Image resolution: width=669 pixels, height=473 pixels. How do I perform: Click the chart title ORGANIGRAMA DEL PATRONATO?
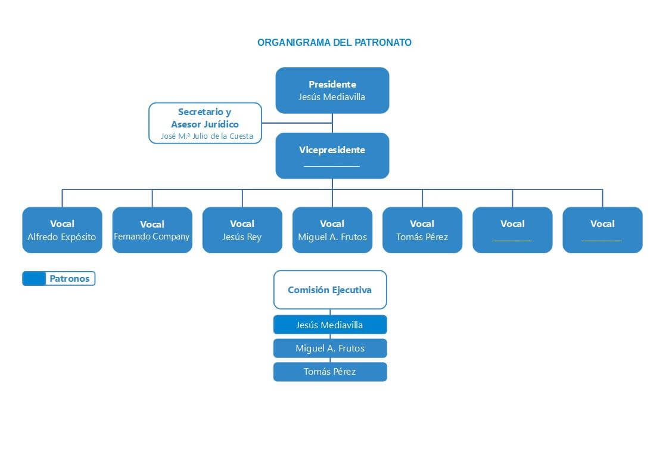334,43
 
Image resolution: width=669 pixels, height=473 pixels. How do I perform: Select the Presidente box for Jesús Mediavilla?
332,91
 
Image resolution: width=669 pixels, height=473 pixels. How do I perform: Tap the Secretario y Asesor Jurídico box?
205,123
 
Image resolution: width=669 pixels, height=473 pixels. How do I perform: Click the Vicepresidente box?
332,155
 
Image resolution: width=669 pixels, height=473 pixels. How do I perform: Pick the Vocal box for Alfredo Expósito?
62,230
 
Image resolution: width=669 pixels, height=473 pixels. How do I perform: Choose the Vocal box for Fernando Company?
152,230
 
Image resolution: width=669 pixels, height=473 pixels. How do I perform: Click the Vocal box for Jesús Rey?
242,230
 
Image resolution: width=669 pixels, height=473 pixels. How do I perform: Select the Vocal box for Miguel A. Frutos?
332,230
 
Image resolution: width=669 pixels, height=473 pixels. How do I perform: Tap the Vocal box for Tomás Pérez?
422,230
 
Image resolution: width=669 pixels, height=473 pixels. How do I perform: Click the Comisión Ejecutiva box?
329,290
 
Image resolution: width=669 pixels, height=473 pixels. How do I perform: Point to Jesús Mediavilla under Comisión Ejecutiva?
329,325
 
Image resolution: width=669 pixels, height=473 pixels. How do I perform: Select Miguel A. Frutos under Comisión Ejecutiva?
329,348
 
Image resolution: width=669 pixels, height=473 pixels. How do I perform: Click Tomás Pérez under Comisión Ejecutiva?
329,372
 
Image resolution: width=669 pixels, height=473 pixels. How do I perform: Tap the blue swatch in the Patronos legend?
34,279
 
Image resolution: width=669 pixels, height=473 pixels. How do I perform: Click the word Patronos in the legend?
70,279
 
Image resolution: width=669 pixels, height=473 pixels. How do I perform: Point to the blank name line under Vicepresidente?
332,166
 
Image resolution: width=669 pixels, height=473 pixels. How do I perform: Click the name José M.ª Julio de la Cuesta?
207,136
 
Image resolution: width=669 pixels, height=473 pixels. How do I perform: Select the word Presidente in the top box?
332,85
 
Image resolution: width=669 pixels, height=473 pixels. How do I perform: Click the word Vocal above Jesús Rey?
242,224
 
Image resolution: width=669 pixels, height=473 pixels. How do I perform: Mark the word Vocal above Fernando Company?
152,225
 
